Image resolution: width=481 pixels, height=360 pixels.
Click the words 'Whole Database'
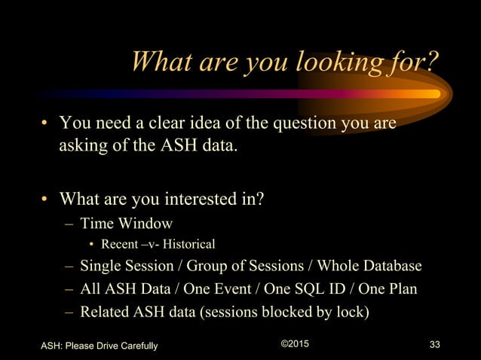pyautogui.click(x=369, y=267)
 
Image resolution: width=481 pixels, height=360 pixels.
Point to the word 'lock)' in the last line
pyautogui.click(x=351, y=310)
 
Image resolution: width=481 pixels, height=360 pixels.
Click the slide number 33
pyautogui.click(x=434, y=346)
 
